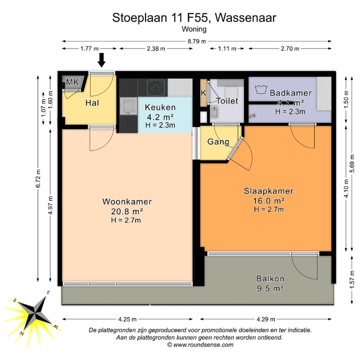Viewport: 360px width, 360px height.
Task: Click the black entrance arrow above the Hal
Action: pyautogui.click(x=101, y=59)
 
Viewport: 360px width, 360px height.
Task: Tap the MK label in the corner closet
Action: pyautogui.click(x=72, y=82)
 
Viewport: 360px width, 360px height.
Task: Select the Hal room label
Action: pyautogui.click(x=91, y=103)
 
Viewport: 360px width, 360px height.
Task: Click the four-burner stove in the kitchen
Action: pyautogui.click(x=156, y=88)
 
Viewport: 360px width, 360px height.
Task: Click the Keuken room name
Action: pyautogui.click(x=160, y=107)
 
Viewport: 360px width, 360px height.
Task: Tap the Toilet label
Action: pyautogui.click(x=226, y=101)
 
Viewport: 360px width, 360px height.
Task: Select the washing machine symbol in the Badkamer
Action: pyautogui.click(x=259, y=90)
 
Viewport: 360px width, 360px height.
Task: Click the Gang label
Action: pyautogui.click(x=218, y=141)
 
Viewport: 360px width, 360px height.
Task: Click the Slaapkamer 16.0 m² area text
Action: pyautogui.click(x=268, y=200)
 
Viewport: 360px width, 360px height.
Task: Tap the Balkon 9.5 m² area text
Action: pyautogui.click(x=270, y=288)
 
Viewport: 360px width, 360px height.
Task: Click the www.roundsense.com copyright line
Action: pyautogui.click(x=200, y=344)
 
